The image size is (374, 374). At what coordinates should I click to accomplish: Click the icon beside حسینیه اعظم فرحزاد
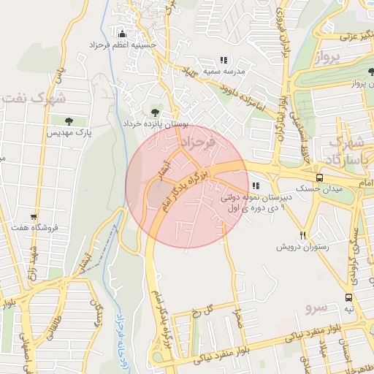[x=121, y=34]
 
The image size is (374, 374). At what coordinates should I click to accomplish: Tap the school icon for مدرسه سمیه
[x=224, y=60]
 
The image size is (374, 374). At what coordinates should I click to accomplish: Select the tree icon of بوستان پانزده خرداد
[x=154, y=112]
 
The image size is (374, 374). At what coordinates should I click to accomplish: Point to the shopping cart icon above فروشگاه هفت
[x=34, y=216]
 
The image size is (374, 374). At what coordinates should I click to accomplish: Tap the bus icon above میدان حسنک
[x=319, y=178]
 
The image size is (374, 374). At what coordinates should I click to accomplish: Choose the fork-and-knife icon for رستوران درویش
[x=302, y=235]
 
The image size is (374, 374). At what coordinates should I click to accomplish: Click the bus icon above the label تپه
[x=349, y=297]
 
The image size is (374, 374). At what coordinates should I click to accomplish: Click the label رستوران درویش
[x=302, y=248]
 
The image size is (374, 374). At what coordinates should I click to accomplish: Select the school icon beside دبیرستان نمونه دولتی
[x=255, y=186]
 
